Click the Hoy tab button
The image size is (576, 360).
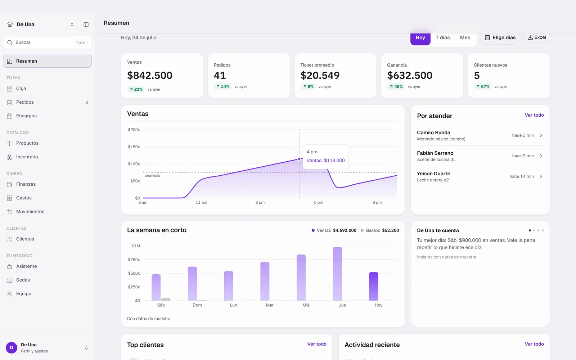coord(420,37)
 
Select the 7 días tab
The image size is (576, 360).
coord(442,37)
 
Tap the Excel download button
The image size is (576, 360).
coord(537,37)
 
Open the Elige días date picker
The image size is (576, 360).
coord(500,37)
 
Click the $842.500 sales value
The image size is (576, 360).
coord(150,75)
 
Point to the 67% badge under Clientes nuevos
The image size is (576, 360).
coord(482,86)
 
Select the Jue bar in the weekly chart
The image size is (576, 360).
coord(337,274)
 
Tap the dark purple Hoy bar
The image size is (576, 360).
coord(374,286)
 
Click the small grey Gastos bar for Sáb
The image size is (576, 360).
coord(166,299)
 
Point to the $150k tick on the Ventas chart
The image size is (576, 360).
coord(134,147)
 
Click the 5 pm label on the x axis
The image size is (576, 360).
coord(318,202)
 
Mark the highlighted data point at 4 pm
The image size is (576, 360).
coord(299,159)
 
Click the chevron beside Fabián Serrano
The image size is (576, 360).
coord(541,156)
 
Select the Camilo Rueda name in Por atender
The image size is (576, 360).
coord(433,132)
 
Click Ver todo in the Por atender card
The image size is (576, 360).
coord(534,115)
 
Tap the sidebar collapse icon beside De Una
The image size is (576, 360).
coord(86,24)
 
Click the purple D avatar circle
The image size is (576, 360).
coord(12,348)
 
